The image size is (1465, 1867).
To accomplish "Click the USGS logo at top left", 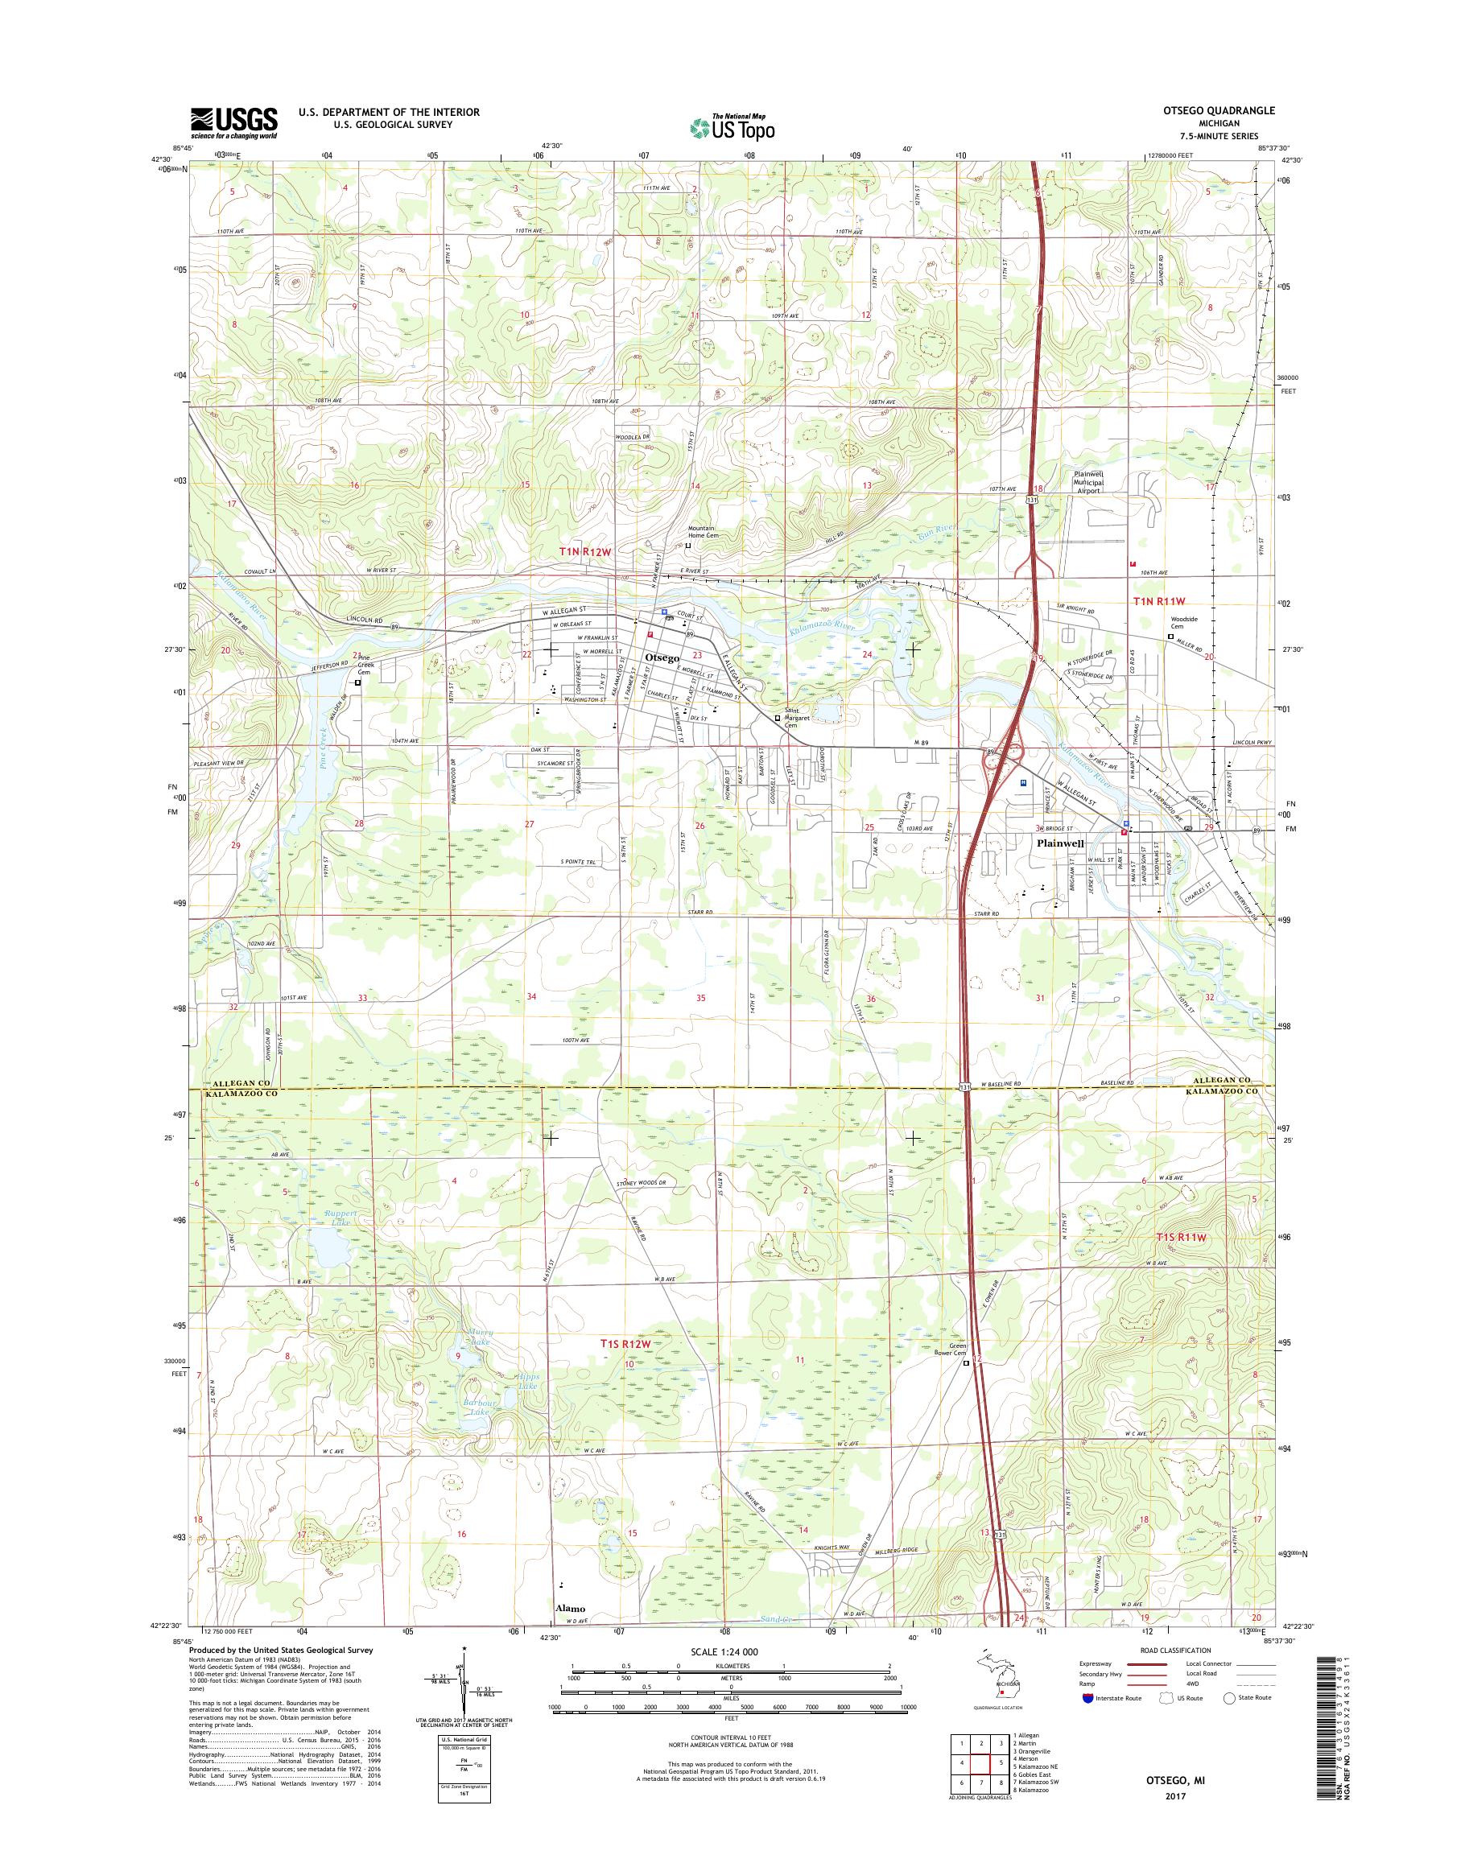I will click(x=233, y=122).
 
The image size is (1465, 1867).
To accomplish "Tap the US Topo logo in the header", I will click(x=732, y=128).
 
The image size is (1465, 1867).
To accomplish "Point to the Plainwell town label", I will click(x=1061, y=843).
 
